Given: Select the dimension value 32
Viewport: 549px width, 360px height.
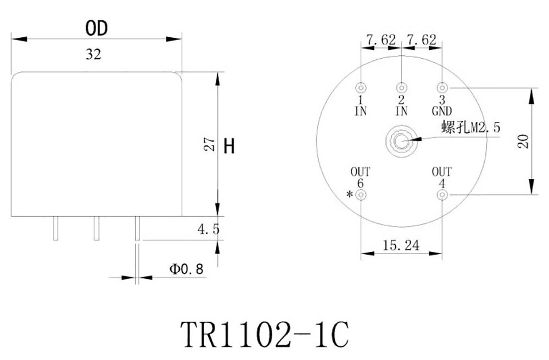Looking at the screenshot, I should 93,55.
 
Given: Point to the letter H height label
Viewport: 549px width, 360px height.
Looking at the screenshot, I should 229,146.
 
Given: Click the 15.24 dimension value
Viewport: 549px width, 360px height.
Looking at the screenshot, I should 401,245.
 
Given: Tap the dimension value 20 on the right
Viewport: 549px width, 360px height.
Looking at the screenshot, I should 523,141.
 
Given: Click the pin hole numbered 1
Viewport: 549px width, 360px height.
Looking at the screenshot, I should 361,88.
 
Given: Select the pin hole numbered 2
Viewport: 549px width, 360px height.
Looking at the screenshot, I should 402,88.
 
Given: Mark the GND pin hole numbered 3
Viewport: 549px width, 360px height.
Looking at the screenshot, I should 442,88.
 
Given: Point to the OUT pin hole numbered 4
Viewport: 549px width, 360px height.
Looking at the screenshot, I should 442,195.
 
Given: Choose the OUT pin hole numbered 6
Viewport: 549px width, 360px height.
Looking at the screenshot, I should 361,195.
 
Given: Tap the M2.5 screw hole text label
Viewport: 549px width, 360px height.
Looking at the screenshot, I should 472,128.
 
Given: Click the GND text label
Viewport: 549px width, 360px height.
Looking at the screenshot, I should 442,111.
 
